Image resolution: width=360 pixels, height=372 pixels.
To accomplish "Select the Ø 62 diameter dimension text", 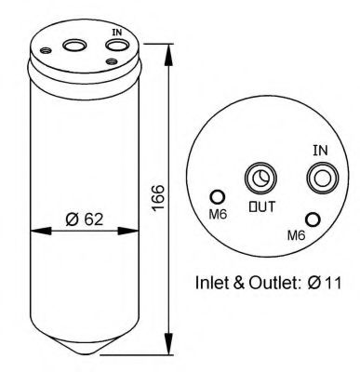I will [84, 219].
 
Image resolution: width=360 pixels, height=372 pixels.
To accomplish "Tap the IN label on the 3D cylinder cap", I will [116, 33].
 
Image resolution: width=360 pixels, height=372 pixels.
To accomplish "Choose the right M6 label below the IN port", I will [296, 234].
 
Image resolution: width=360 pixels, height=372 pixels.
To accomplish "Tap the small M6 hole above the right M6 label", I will [313, 219].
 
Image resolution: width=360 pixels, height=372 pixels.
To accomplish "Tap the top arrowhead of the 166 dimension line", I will [168, 45].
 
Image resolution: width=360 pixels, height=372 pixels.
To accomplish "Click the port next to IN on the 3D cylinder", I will [113, 46].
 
